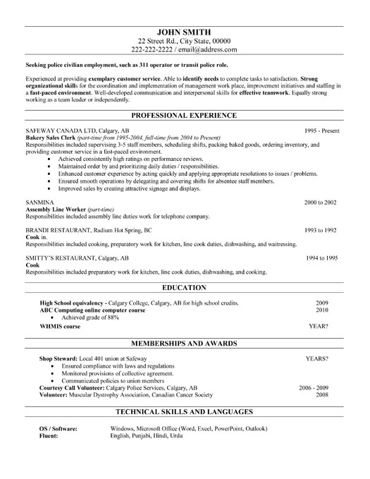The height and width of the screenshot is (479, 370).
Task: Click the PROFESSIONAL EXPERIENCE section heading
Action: coord(185,114)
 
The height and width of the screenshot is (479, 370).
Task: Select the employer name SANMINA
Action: coord(39,202)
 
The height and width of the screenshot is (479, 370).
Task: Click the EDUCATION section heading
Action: coord(185,288)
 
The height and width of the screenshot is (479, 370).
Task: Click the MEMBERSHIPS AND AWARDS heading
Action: coord(185,344)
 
